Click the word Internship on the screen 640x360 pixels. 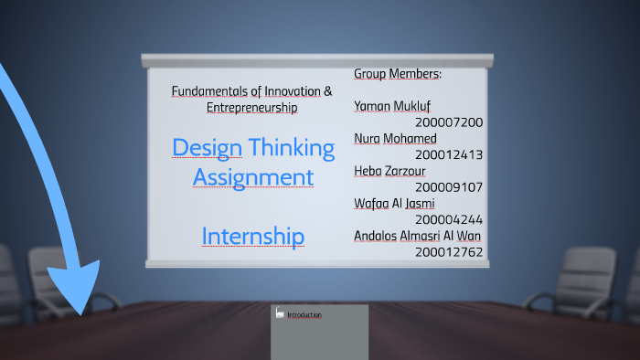point(252,237)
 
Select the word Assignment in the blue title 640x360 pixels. point(252,175)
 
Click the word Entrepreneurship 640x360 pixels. point(251,108)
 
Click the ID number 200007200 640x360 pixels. point(448,122)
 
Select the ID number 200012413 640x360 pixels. point(448,154)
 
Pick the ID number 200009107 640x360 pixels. point(448,186)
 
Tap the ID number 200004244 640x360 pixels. point(448,219)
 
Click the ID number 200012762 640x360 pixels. point(448,251)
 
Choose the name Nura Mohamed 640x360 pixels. point(395,138)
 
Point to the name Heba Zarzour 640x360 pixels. point(389,171)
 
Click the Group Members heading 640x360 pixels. point(398,73)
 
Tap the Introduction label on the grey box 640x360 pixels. point(304,315)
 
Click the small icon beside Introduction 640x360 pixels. point(280,313)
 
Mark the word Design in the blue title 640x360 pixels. point(207,147)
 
